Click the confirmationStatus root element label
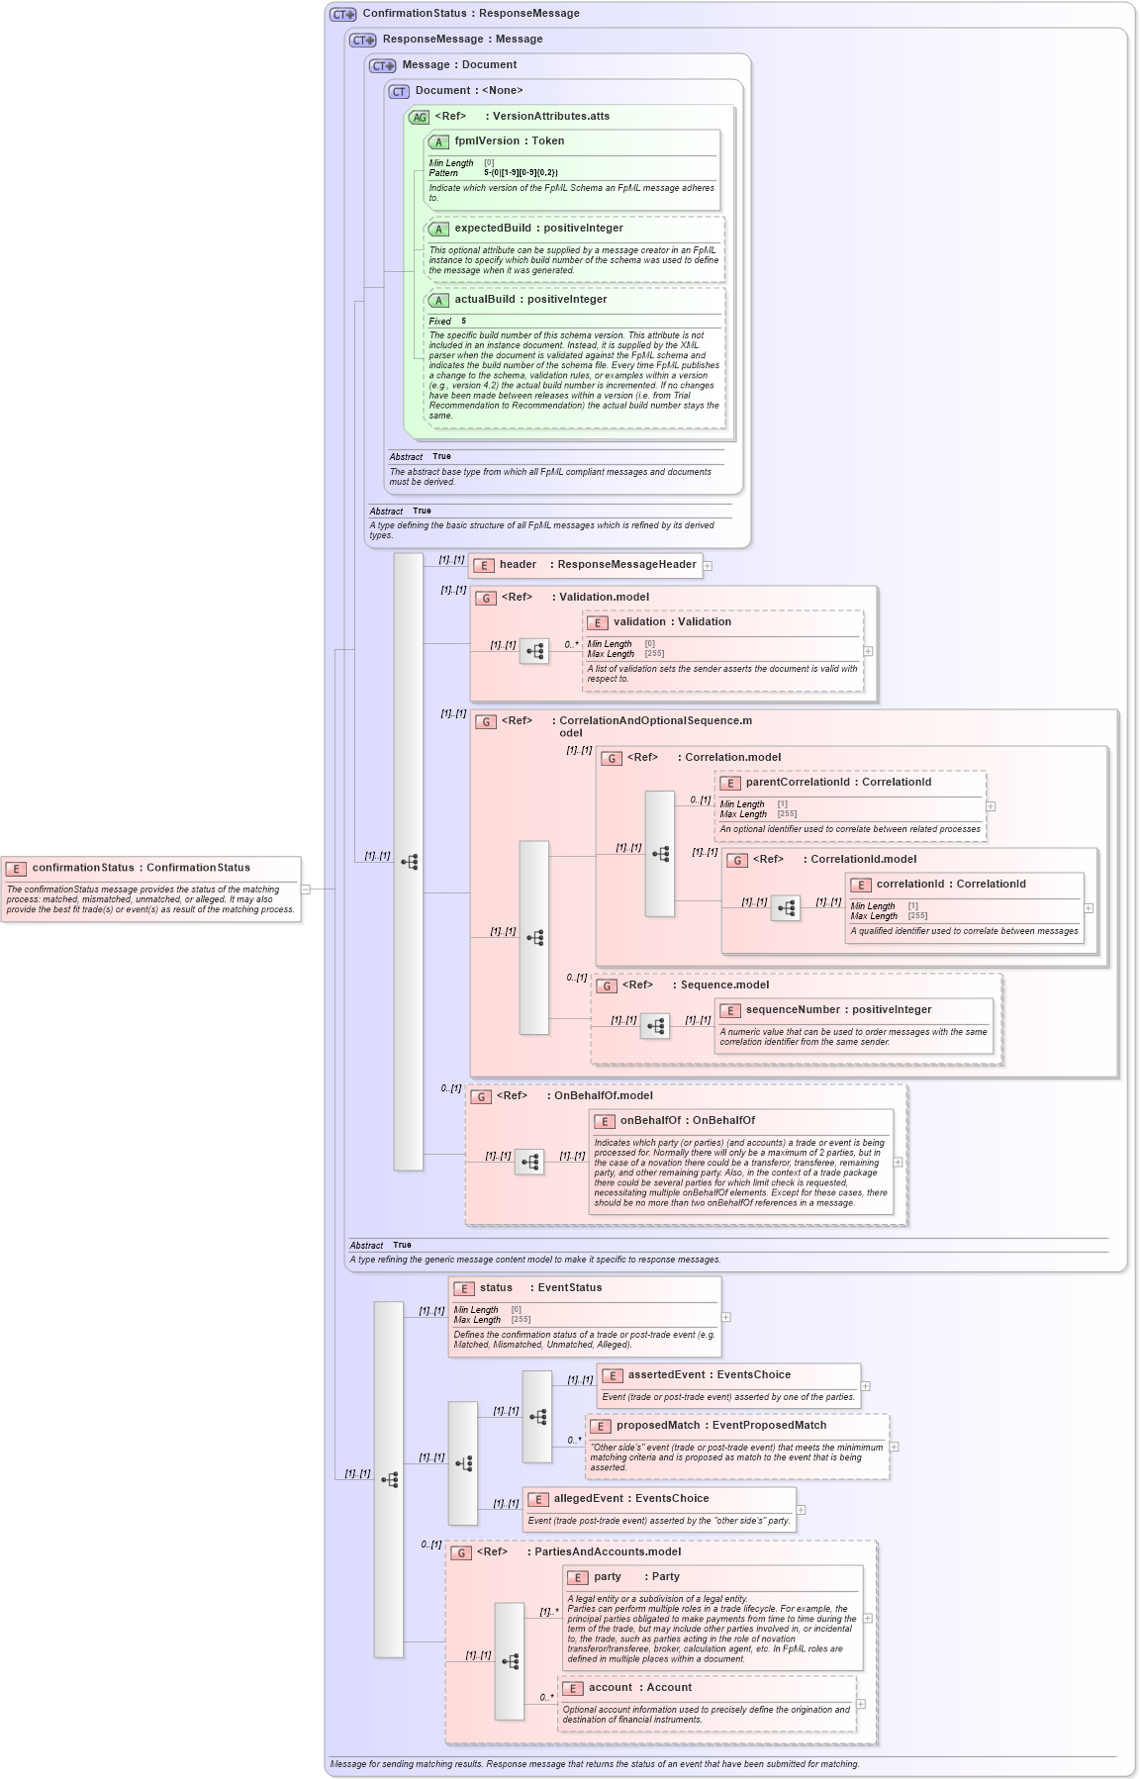140,868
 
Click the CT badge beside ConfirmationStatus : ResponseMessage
342,14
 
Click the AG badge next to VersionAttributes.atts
420,117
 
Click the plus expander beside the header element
708,566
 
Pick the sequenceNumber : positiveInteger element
837,1010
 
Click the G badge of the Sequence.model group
607,985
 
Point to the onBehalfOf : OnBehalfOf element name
687,1121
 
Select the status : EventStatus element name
539,1288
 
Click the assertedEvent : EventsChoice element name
709,1375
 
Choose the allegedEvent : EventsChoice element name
630,1499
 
